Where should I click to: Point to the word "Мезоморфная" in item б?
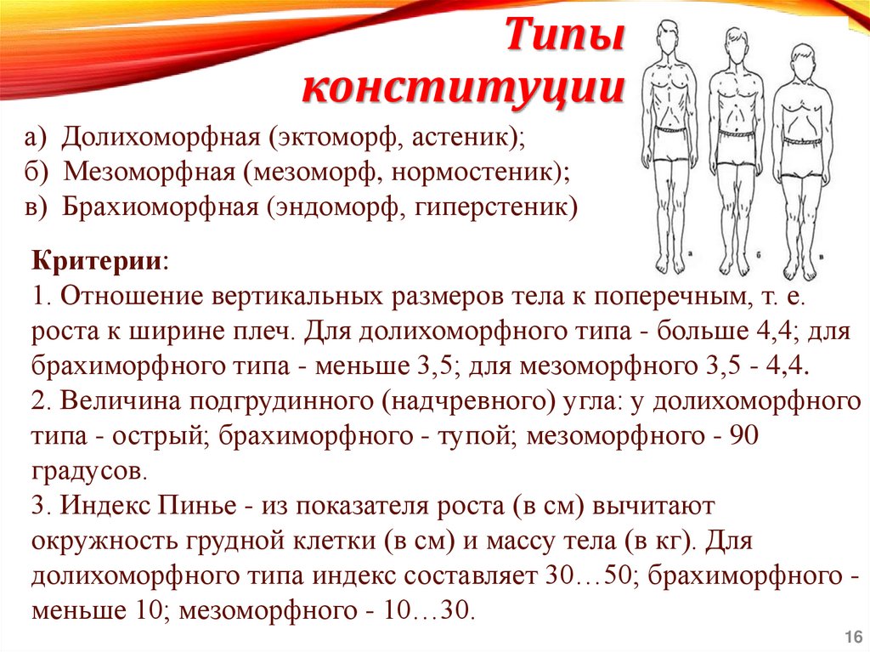point(150,171)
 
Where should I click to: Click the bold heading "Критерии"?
point(99,259)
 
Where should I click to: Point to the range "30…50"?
point(585,576)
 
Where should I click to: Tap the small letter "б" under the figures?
point(759,252)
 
